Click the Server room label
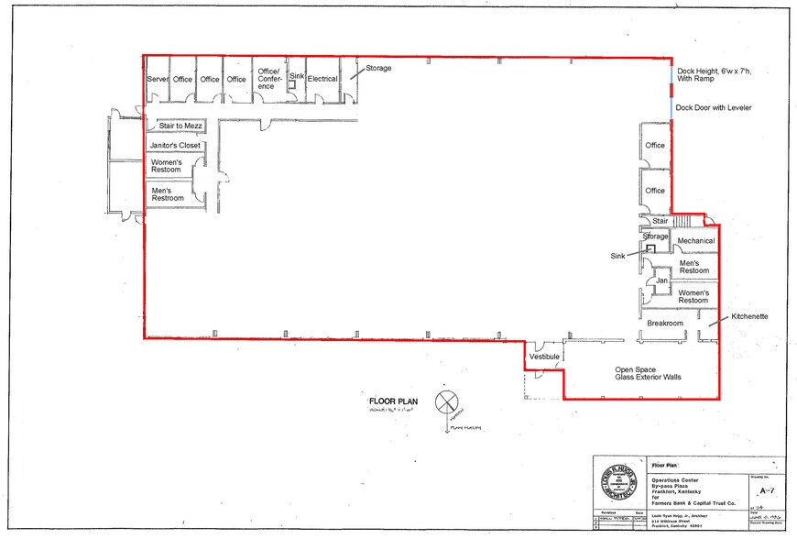pos(158,80)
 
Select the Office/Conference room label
pos(270,79)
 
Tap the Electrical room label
pos(322,79)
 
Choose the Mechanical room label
pos(695,241)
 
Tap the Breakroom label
pos(665,324)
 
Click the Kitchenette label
pos(748,316)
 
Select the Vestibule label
pos(543,357)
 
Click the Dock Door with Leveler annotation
pos(714,107)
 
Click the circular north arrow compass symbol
pos(446,402)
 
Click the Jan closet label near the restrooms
pos(661,280)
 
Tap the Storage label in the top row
pos(379,69)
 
